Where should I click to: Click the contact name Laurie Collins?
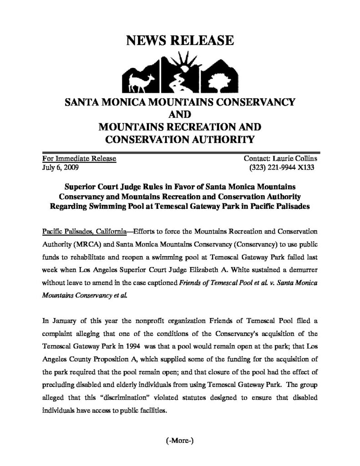point(295,158)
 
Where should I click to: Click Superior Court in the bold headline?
point(89,187)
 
